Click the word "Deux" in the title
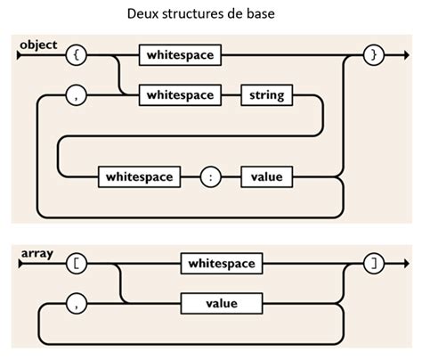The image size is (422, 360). click(x=141, y=17)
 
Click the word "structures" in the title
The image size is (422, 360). click(x=199, y=17)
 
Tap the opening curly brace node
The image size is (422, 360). click(x=77, y=55)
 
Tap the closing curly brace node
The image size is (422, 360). click(x=374, y=55)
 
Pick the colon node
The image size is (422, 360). click(x=210, y=176)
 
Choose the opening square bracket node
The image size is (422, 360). click(x=77, y=264)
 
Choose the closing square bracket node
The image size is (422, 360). click(x=374, y=264)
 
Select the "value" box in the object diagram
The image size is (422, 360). click(x=265, y=176)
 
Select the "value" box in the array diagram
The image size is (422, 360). click(x=222, y=304)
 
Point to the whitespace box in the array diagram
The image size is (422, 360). click(x=222, y=264)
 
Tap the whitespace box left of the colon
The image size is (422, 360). click(x=138, y=176)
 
